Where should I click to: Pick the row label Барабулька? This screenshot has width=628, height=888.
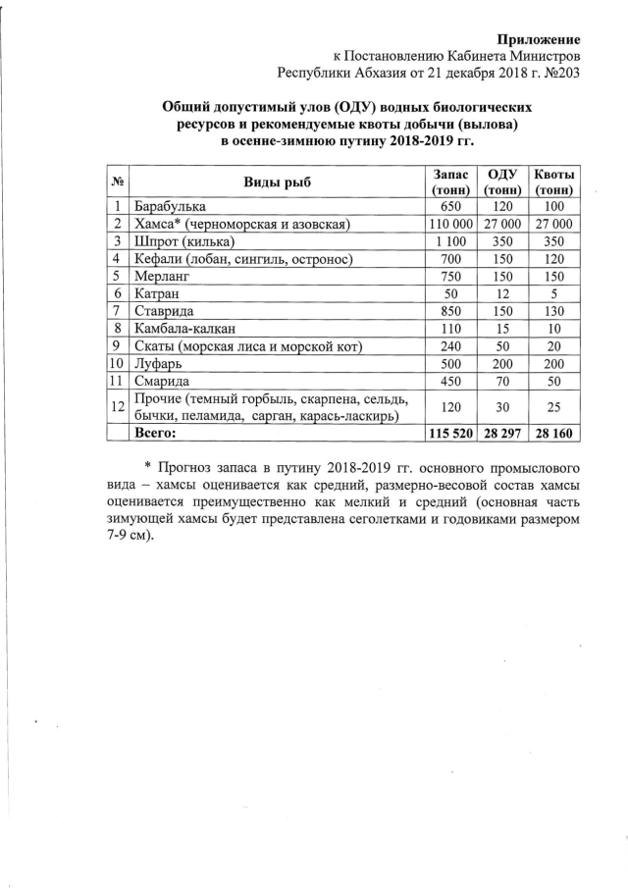coord(171,207)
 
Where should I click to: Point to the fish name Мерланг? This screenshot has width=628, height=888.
coord(163,276)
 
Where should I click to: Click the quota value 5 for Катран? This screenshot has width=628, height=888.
coord(553,293)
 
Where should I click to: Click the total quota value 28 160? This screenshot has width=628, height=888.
coord(553,432)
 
